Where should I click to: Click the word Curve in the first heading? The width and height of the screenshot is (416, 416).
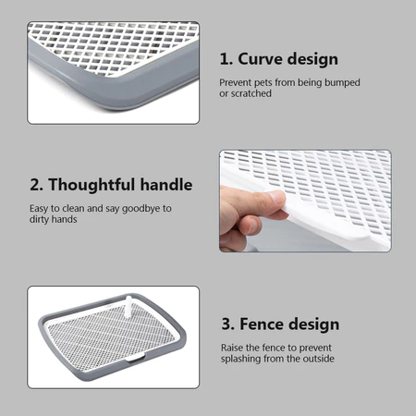(262, 59)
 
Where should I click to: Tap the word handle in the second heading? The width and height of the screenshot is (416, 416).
(166, 185)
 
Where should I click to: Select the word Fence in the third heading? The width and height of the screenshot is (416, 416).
(262, 324)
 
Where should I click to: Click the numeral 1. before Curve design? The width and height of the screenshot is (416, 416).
(226, 59)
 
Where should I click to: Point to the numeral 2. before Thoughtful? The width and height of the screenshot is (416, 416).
(37, 185)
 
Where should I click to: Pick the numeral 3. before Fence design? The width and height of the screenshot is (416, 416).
(228, 324)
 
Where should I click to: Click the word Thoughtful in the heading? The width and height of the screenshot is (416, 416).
(92, 185)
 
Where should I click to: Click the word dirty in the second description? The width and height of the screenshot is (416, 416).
(39, 219)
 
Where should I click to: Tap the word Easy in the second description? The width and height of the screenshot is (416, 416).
(39, 209)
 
